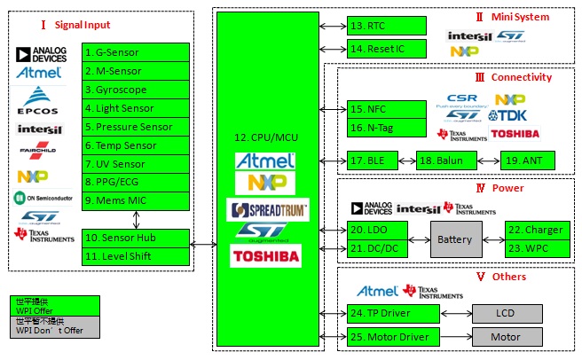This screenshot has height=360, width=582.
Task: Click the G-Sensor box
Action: (136, 52)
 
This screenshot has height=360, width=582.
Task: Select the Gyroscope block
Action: (136, 90)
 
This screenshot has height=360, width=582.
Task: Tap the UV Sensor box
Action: (136, 164)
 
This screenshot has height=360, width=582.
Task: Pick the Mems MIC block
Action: (136, 201)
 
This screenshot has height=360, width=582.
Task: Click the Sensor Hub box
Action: (136, 238)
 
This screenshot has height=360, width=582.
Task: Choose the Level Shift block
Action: (136, 256)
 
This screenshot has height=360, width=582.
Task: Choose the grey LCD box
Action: (505, 313)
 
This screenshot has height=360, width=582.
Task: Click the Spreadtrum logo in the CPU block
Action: (268, 210)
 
